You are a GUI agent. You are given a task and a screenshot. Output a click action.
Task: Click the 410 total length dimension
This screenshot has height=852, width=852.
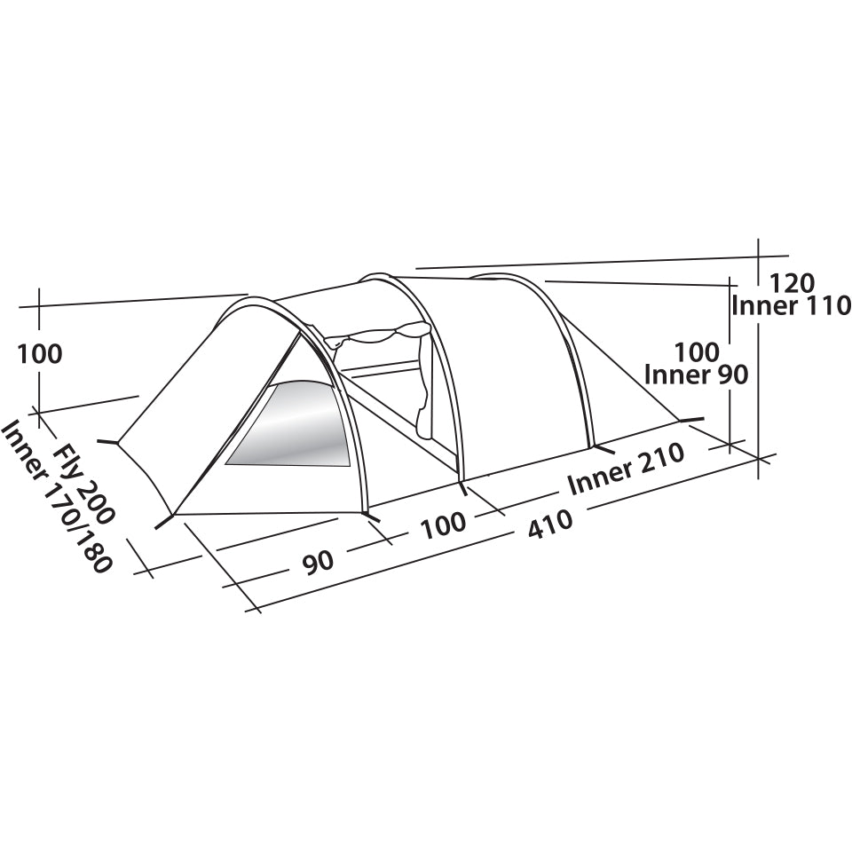coord(550,525)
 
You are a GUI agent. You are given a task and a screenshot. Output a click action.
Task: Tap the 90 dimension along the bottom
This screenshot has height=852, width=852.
coord(318,562)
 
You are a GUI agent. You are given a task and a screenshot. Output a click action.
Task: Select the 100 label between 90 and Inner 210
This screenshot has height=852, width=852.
coord(443,523)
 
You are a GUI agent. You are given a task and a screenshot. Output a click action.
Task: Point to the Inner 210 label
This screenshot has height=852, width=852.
coord(626,469)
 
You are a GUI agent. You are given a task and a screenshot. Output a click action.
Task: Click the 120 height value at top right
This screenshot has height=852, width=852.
coord(790,283)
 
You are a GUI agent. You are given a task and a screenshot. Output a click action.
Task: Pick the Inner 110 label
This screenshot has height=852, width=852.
coord(789,306)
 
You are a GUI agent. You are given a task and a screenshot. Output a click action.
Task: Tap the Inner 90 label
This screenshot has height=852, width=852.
coord(708,375)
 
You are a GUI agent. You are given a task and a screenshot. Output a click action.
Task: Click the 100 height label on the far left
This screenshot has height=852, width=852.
coord(40,354)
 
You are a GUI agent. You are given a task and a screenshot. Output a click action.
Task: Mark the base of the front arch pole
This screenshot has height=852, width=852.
coord(367,512)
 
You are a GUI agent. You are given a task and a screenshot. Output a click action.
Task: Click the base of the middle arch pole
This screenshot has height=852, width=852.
coord(461,479)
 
